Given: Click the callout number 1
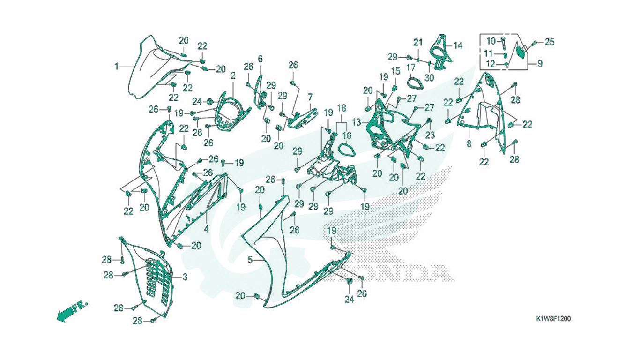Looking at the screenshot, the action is [116, 67].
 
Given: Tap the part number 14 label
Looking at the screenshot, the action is [458, 45].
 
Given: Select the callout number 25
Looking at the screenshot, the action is [550, 42].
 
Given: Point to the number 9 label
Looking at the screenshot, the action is [540, 63].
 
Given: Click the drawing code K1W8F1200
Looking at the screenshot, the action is [553, 319].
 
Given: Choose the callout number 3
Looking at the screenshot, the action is [185, 277].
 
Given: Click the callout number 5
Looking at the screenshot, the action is [250, 260].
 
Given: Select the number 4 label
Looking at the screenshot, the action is [206, 229].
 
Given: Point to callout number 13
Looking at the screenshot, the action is [357, 122].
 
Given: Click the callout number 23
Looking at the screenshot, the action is [430, 135].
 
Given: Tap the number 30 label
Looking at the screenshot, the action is [429, 78].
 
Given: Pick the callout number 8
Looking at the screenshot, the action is [469, 143].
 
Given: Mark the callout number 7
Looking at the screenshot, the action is [310, 97].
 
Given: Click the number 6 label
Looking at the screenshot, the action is [260, 59].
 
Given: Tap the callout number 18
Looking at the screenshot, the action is [342, 108].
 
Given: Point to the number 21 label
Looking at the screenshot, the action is [418, 43].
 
